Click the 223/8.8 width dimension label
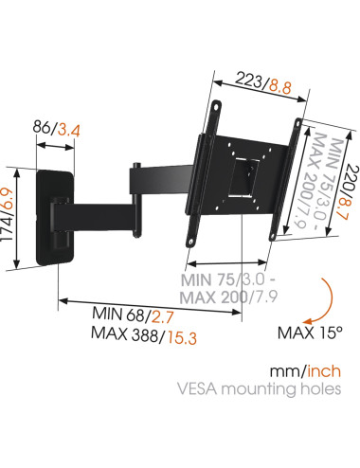263,82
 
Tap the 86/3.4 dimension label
57,129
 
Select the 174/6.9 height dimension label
7,215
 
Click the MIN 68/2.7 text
133,315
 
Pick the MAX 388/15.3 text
144,335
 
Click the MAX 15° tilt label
310,333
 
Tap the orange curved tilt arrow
331,300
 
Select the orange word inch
324,371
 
